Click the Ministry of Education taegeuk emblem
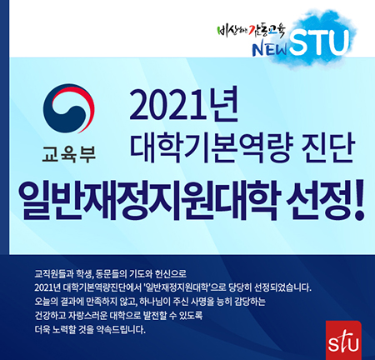point(68,108)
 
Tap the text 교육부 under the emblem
point(69,154)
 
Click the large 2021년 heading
point(183,106)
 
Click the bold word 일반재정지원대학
point(149,201)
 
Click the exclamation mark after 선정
point(358,202)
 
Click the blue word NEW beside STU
point(270,49)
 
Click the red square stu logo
point(343,340)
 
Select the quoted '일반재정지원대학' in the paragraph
point(177,287)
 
